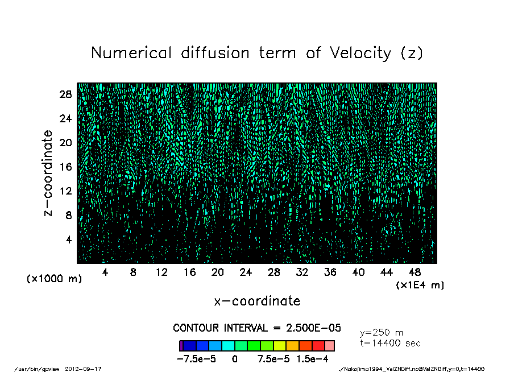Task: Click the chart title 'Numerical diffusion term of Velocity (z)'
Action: (257, 53)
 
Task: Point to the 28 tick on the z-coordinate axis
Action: (65, 94)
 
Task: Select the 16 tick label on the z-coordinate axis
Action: (65, 167)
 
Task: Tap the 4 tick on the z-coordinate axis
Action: (68, 239)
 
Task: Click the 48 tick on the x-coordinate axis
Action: (414, 272)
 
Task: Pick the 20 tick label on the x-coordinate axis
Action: (218, 272)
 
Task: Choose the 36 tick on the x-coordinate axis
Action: (330, 272)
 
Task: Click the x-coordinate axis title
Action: (257, 301)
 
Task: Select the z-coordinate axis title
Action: (48, 173)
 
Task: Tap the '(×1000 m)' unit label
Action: (54, 279)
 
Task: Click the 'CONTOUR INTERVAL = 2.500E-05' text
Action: (257, 328)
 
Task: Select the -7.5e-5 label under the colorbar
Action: (196, 359)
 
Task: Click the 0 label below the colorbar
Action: (234, 359)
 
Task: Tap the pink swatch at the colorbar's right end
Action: (329, 346)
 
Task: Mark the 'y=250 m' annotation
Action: (382, 333)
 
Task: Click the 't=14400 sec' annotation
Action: (391, 343)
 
